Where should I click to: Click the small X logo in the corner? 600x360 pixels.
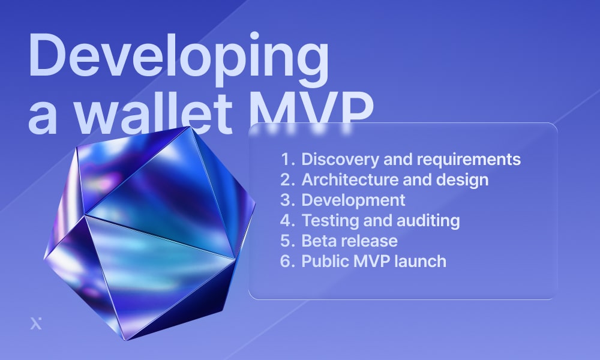36,323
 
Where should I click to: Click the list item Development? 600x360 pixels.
353,200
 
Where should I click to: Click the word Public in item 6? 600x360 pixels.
325,261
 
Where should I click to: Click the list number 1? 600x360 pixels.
287,160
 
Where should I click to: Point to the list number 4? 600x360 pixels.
287,221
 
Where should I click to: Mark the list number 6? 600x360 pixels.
287,261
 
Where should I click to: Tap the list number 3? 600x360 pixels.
287,200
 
